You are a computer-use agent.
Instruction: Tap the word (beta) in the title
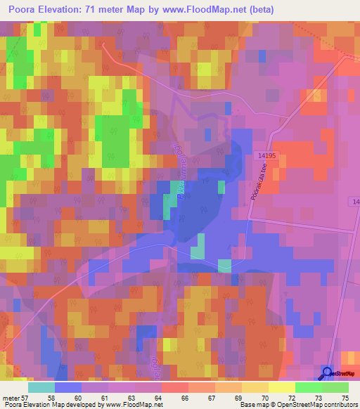(258, 10)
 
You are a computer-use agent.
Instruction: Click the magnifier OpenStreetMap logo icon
(328, 372)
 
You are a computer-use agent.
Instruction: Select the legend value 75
(345, 397)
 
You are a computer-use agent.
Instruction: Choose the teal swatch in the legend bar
(41, 387)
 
